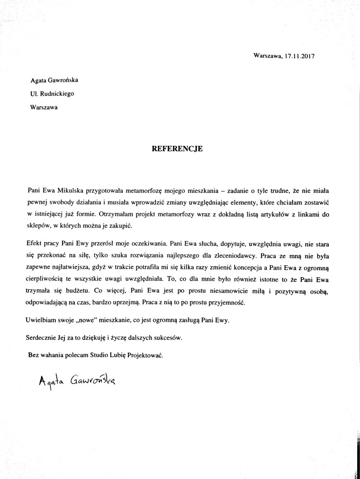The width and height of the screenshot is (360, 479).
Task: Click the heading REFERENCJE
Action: pyautogui.click(x=177, y=148)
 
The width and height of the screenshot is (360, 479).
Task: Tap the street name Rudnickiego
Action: pyautogui.click(x=56, y=93)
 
